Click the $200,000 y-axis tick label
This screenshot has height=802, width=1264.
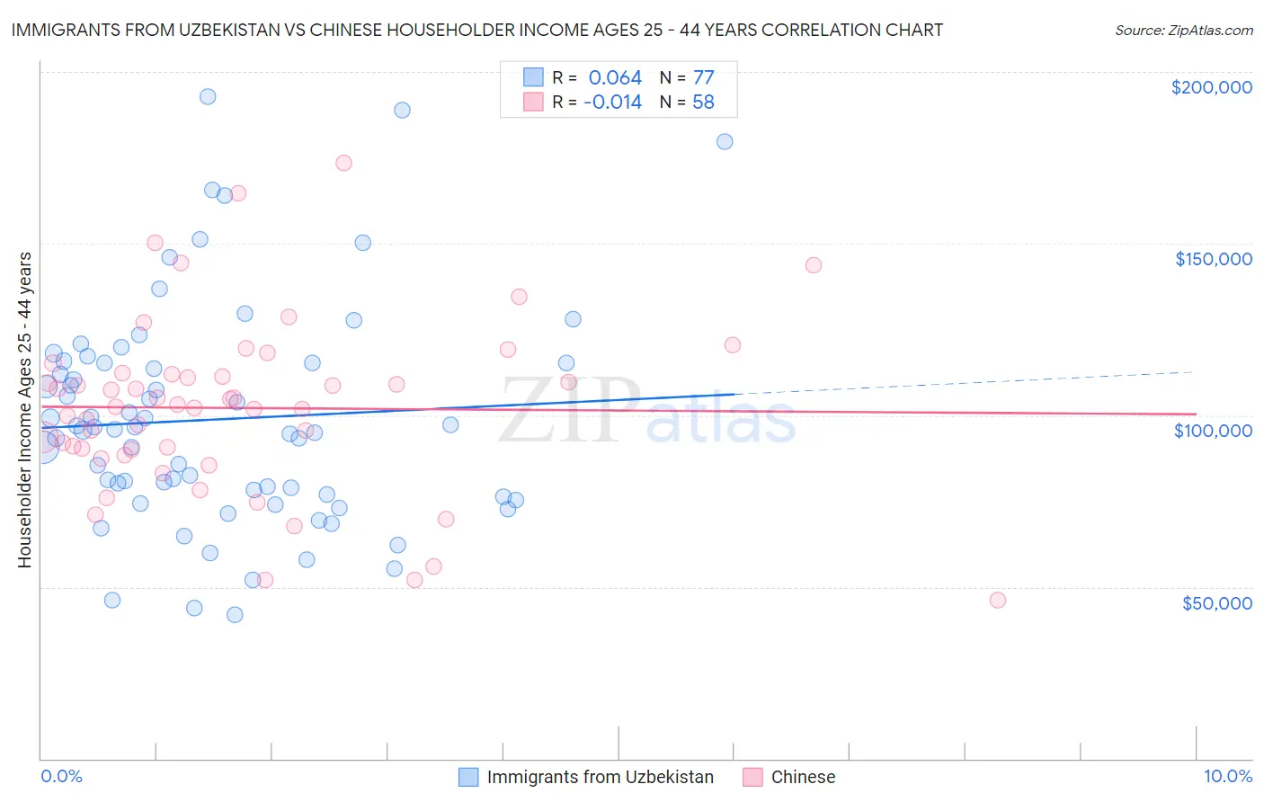click(1211, 87)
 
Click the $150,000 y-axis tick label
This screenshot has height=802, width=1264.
click(1213, 259)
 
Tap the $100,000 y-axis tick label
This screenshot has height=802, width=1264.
click(1213, 431)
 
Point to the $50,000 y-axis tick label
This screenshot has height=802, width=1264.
click(1216, 602)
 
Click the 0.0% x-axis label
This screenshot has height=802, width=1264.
click(61, 776)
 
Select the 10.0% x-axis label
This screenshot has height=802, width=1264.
click(1227, 776)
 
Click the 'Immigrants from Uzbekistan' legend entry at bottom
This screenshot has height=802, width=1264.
click(600, 777)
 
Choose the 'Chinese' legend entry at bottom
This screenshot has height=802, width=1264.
click(803, 777)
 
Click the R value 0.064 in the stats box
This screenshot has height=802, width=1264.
click(615, 78)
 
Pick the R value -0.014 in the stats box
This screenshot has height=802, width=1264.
click(612, 102)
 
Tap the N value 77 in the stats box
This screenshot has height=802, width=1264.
click(703, 78)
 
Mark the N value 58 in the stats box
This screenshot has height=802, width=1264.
click(703, 102)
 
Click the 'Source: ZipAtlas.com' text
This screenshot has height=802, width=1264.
click(1183, 30)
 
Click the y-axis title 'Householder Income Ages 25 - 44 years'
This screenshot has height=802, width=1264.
click(24, 410)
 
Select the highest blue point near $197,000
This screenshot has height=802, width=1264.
click(208, 96)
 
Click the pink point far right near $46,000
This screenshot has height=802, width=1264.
click(997, 600)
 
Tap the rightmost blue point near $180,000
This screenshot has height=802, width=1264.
click(725, 141)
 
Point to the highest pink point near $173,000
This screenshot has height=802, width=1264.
click(343, 163)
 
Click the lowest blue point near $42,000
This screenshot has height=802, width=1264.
click(235, 615)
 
